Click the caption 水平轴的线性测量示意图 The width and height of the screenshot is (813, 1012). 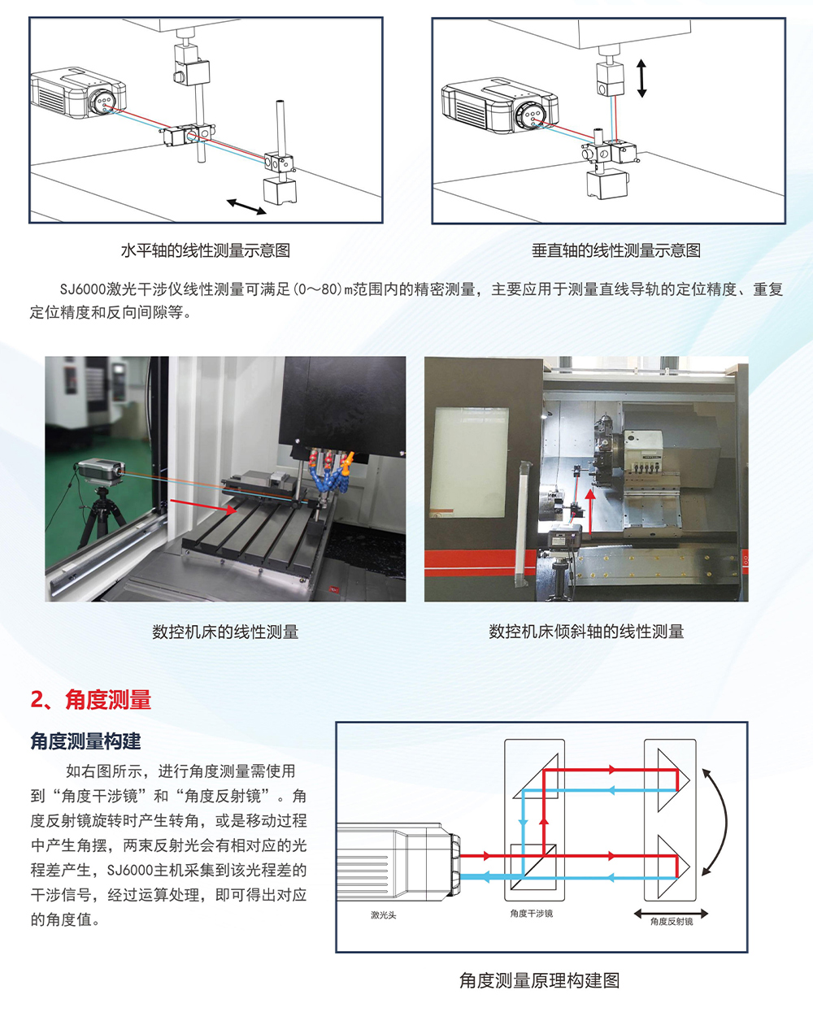(205, 250)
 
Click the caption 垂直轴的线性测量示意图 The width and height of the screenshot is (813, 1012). (616, 250)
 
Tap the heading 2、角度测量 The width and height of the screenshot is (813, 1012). (91, 700)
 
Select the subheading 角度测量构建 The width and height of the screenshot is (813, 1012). (85, 741)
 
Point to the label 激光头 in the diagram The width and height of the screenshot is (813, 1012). (384, 915)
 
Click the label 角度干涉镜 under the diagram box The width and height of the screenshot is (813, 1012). (531, 914)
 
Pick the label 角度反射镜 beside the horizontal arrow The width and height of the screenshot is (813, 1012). (672, 921)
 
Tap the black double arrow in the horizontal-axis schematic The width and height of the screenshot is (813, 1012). (246, 206)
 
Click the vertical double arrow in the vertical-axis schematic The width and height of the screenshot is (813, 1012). (641, 78)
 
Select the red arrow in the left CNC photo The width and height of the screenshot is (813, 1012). (204, 506)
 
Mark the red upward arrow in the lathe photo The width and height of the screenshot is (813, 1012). (590, 511)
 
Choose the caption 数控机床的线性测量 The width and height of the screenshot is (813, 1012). (225, 632)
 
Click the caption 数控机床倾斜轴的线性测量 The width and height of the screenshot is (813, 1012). (586, 632)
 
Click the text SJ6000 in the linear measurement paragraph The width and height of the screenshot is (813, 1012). (83, 289)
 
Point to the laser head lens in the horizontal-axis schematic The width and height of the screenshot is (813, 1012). (103, 100)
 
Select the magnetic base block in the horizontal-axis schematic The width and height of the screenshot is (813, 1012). (280, 189)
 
